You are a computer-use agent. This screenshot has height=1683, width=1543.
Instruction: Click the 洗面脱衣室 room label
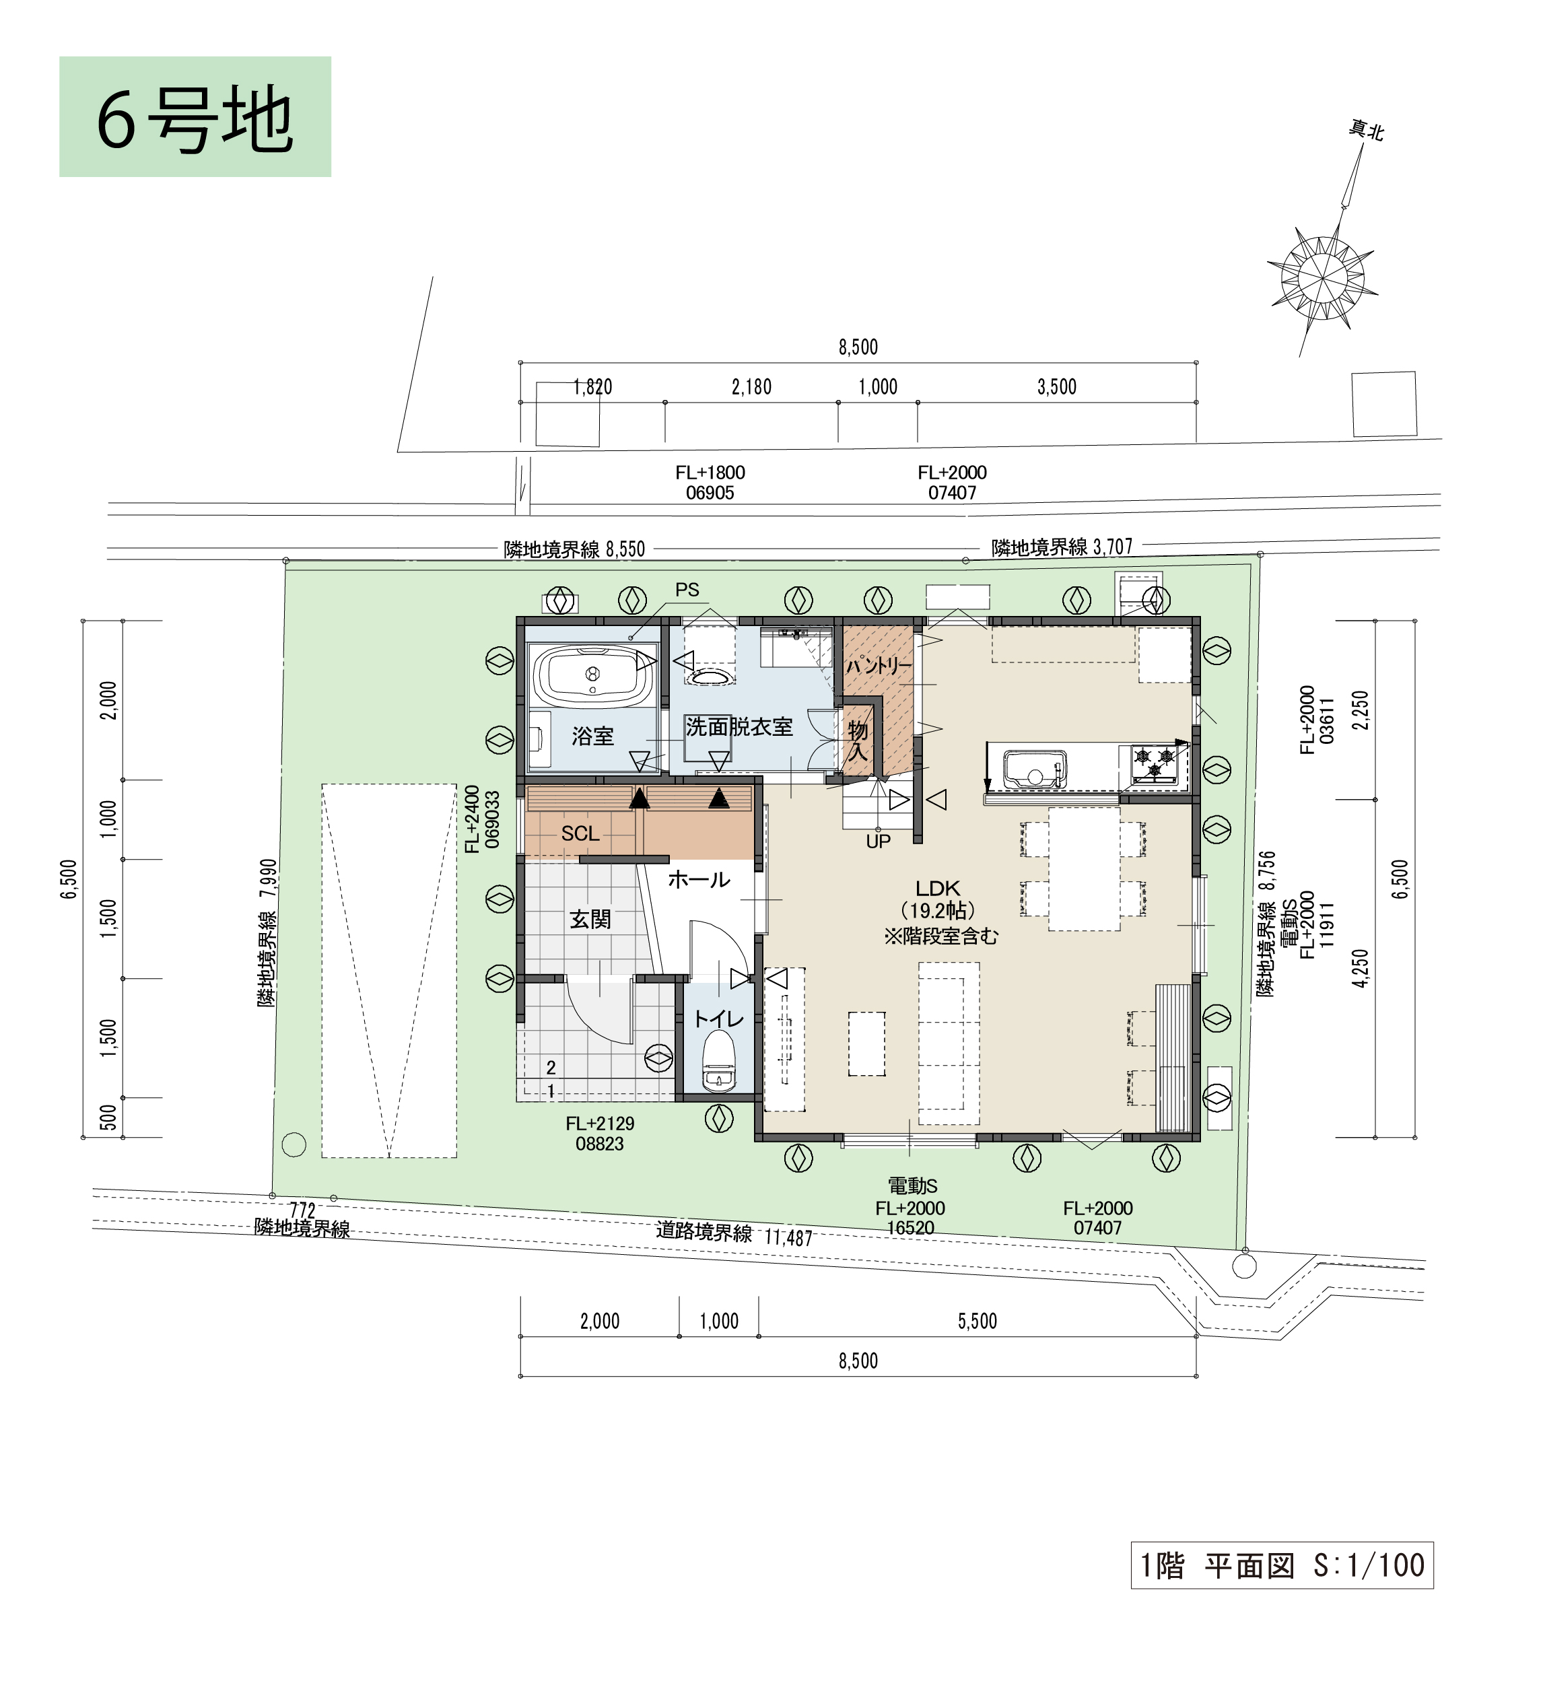click(739, 726)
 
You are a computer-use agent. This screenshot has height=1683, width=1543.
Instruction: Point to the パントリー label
click(879, 665)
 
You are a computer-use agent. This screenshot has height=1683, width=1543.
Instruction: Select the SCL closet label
click(580, 833)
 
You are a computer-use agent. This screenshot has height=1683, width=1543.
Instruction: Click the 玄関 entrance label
click(590, 919)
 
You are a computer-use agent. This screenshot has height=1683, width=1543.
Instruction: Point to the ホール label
click(699, 879)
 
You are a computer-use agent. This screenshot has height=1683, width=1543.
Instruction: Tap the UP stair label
click(879, 841)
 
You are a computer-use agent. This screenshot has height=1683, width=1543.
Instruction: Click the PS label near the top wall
click(687, 589)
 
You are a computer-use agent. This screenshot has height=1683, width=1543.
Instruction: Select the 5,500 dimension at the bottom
click(978, 1321)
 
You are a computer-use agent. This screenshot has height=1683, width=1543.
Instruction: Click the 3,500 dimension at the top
click(1057, 386)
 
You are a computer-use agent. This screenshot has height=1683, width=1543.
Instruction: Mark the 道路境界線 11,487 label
click(734, 1234)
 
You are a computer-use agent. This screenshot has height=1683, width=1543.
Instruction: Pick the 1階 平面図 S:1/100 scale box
click(1282, 1565)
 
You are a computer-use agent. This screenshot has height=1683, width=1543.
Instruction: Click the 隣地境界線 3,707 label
click(1062, 547)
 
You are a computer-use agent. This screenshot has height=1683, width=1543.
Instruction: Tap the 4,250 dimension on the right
click(1361, 968)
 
